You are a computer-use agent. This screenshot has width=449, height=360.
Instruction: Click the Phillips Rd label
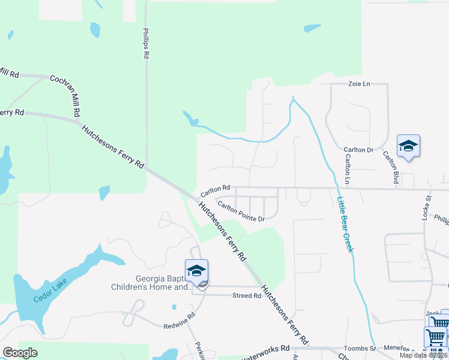point(146,43)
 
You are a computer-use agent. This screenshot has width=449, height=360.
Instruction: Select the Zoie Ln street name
point(360,84)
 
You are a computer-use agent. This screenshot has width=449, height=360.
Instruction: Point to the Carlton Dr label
point(358,149)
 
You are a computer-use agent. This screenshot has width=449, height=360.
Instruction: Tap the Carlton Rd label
point(215,191)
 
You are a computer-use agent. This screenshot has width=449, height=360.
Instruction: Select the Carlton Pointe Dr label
point(241,212)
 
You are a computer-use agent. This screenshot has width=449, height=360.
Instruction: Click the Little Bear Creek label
point(345,225)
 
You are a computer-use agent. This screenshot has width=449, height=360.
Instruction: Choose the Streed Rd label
point(247,295)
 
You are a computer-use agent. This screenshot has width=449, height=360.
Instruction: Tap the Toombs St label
point(360,348)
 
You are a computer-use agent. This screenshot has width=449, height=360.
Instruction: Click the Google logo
point(20,353)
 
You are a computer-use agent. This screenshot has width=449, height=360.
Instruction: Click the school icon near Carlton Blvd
point(408,146)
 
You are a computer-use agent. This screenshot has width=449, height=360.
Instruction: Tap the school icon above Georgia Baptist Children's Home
point(196,271)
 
